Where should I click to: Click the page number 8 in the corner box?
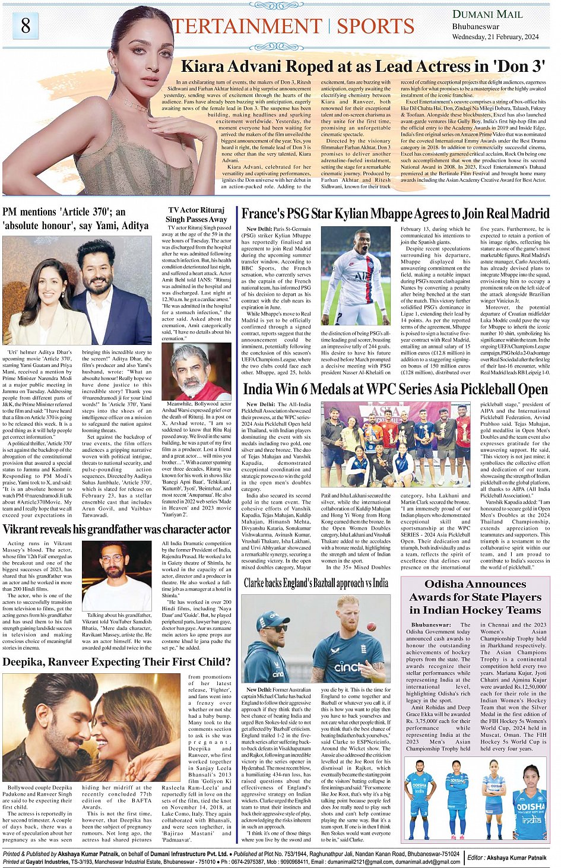coord(26,26)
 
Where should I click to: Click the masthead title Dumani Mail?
coord(487,14)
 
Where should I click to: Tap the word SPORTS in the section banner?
coord(375,27)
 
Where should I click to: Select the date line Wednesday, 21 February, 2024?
coord(495,37)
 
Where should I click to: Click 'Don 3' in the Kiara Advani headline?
coord(519,66)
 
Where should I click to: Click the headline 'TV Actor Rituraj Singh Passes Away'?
coord(196,214)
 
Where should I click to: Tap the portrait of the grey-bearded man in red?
coord(196,371)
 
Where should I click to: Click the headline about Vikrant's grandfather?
coord(116,529)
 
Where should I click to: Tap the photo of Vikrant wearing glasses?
coord(116,575)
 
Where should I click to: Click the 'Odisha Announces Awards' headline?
coord(475,597)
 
